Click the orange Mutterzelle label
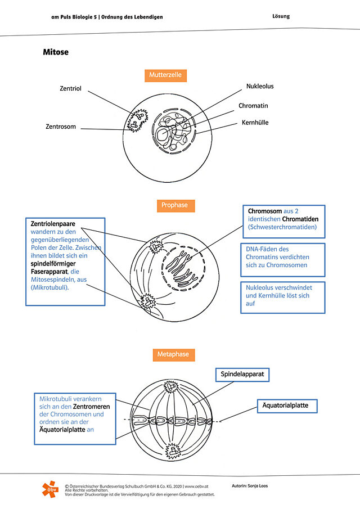[x=165, y=75]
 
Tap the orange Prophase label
[x=175, y=205]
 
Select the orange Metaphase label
[x=174, y=354]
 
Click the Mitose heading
[x=56, y=52]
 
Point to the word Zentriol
[x=70, y=88]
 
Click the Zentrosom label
[x=61, y=127]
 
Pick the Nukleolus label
[x=260, y=87]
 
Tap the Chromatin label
[x=253, y=106]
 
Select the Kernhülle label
[x=255, y=123]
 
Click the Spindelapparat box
[x=242, y=375]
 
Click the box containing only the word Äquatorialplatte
[x=287, y=406]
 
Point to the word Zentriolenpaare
[x=53, y=224]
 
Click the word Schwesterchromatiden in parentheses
[x=282, y=227]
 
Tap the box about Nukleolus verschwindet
[x=283, y=298]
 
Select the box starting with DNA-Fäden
[x=283, y=260]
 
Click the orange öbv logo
[x=51, y=489]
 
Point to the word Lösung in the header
[x=281, y=16]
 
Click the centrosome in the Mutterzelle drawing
[x=137, y=120]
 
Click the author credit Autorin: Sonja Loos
[x=250, y=486]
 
